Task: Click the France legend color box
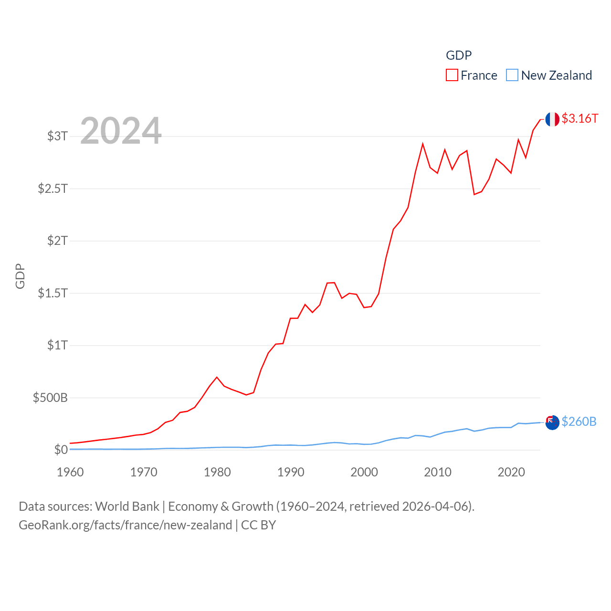[452, 75]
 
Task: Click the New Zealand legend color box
[512, 75]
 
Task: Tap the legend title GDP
[459, 55]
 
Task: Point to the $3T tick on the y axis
[57, 136]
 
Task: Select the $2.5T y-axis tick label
[53, 189]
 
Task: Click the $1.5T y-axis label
[53, 293]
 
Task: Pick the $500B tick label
[50, 397]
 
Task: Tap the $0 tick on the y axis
[61, 450]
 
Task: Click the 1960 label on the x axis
[70, 472]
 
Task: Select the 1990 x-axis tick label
[291, 472]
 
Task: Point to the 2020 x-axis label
[511, 472]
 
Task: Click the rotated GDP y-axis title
[20, 276]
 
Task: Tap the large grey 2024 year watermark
[121, 131]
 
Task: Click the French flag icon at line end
[552, 119]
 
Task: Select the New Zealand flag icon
[552, 422]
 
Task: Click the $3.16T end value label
[579, 118]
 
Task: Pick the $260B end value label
[579, 421]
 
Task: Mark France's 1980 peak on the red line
[217, 377]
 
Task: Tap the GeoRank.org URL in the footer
[125, 525]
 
